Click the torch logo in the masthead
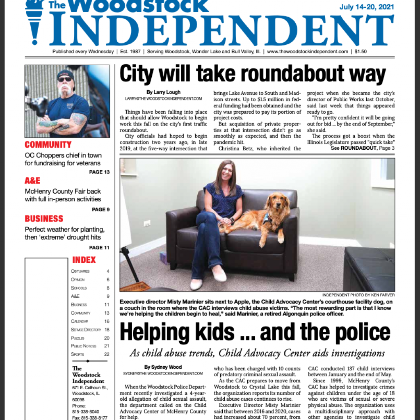(x=34, y=21)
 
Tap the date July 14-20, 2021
(x=367, y=7)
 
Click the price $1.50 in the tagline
(x=361, y=52)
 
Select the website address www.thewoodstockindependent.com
(x=307, y=52)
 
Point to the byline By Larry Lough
(x=164, y=92)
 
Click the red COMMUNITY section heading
(x=48, y=144)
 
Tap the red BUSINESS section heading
(x=44, y=219)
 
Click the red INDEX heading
(x=84, y=260)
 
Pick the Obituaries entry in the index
(x=80, y=272)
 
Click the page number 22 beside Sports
(x=107, y=354)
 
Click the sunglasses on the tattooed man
(x=64, y=79)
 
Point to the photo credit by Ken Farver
(x=358, y=295)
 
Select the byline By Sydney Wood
(x=162, y=367)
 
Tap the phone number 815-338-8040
(x=85, y=411)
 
